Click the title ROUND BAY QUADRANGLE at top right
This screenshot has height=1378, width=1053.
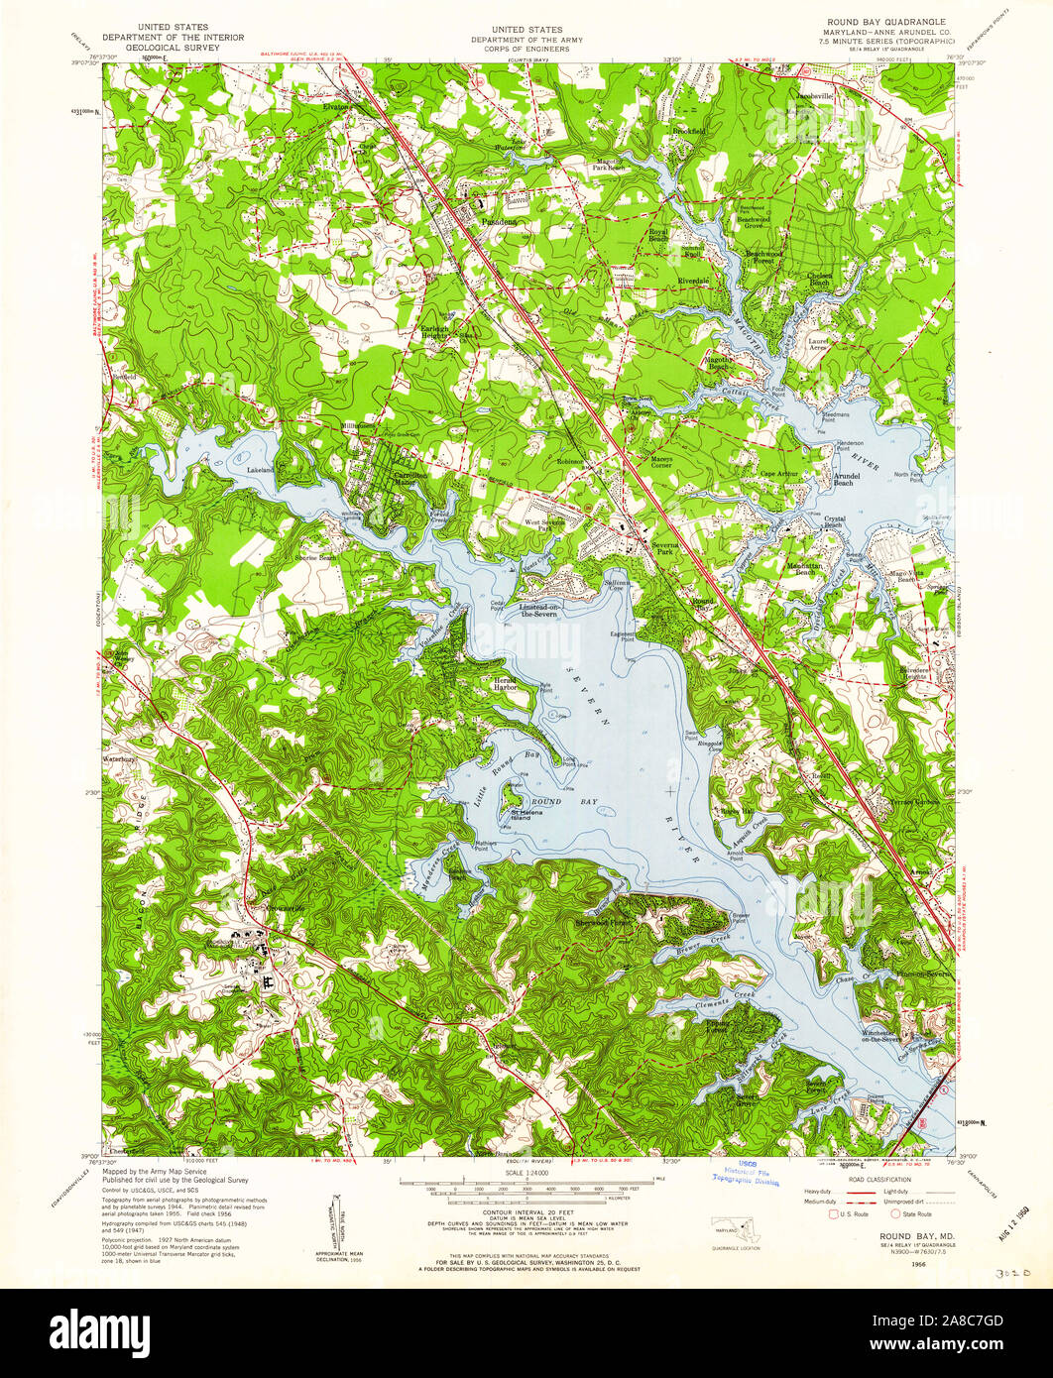[878, 21]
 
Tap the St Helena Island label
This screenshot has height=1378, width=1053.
[526, 815]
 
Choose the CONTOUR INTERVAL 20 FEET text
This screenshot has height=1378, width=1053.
[526, 1211]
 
